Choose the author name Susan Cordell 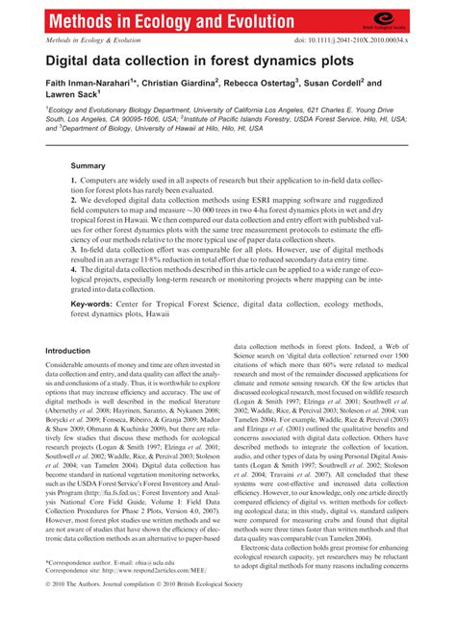[x=377, y=85]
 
